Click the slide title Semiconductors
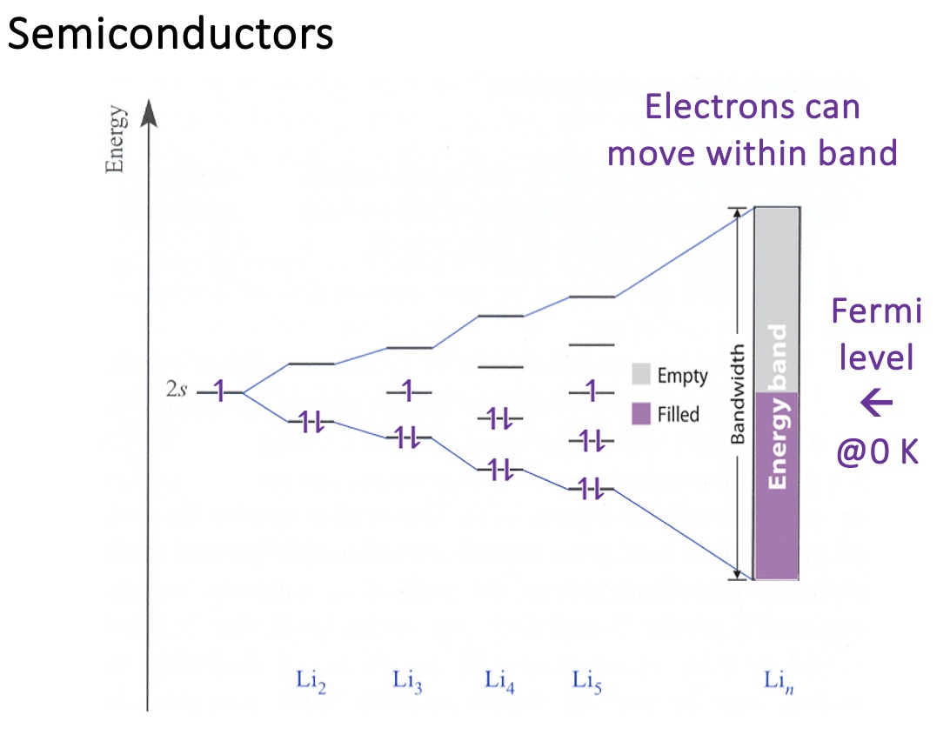click(171, 35)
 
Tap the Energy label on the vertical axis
click(115, 141)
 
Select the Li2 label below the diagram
click(311, 680)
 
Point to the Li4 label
click(500, 680)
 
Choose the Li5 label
click(587, 680)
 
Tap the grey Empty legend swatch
click(641, 375)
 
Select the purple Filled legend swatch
click(641, 413)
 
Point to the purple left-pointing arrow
click(876, 403)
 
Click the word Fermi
click(876, 311)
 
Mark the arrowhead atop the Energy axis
click(148, 113)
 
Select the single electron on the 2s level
click(220, 393)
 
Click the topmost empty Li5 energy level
click(592, 297)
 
